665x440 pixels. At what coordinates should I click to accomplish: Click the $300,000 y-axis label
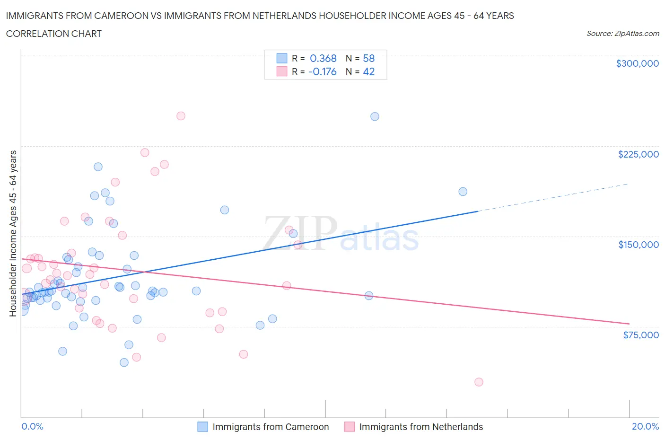coord(637,63)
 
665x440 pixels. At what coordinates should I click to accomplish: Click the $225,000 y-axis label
coord(638,154)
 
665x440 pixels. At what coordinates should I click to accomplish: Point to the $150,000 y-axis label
coord(638,245)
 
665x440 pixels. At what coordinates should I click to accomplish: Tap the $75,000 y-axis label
coord(640,335)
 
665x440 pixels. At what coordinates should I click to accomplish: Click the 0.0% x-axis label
coord(32,426)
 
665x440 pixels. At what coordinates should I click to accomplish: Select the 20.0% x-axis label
coord(645,426)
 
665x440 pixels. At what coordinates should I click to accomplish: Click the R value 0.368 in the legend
coord(323,58)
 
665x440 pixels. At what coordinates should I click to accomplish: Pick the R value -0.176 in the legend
coord(322,71)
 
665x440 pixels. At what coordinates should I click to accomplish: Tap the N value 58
coord(368,58)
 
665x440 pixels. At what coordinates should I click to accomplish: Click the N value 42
coord(368,71)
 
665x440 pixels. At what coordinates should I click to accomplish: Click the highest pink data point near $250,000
coord(181,116)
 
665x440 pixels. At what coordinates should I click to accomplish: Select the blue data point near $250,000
coord(375,116)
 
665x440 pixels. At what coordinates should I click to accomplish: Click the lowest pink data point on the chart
coord(479,382)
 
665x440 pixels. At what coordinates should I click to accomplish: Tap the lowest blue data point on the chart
coord(124,362)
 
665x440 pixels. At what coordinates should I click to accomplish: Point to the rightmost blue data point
coord(463,192)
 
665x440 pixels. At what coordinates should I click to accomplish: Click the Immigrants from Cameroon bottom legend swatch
coord(202,427)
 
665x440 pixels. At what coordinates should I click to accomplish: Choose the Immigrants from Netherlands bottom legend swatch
coord(349,427)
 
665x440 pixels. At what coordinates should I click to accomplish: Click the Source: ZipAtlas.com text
coord(622,34)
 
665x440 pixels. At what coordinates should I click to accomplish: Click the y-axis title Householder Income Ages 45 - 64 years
coord(13,233)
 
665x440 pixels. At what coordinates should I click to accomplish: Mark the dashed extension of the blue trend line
coord(553,197)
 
